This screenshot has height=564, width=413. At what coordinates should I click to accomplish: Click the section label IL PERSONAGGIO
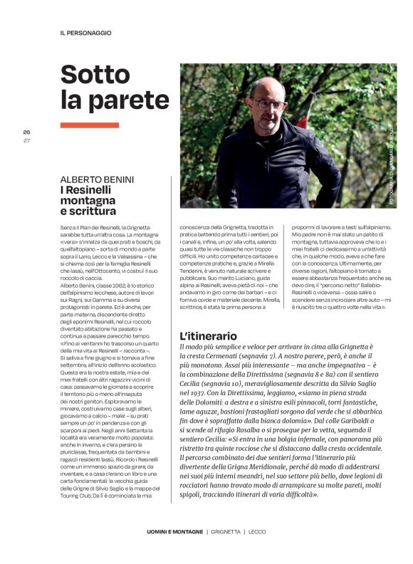[85, 33]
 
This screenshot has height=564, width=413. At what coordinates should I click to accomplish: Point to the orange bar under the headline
[79, 125]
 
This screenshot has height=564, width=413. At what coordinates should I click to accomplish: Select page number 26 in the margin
[26, 132]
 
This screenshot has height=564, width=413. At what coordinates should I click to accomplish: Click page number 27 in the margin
[26, 140]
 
